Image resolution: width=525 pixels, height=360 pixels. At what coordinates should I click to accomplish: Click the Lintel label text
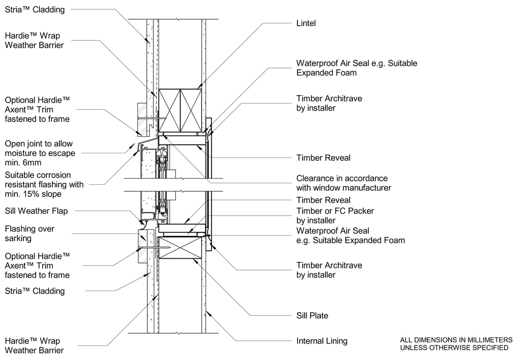tap(306, 23)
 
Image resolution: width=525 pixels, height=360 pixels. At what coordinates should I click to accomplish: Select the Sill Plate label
tap(312, 315)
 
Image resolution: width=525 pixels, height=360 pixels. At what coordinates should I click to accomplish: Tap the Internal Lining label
tap(322, 341)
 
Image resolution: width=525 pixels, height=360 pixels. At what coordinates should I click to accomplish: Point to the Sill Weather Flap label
tap(36, 211)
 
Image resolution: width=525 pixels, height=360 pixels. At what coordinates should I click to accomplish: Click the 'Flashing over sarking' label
tap(30, 233)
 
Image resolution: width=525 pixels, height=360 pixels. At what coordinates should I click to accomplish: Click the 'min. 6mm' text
tap(23, 163)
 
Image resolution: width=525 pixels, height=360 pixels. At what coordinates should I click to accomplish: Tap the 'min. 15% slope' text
tap(37, 194)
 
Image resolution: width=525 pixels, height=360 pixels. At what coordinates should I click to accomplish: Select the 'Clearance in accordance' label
tap(342, 179)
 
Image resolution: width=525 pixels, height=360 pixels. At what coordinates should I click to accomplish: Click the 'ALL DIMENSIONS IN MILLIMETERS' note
tap(456, 340)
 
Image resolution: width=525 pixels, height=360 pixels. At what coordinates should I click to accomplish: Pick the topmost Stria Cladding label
tap(35, 9)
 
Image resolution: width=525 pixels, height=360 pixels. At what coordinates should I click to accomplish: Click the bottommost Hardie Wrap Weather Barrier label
tap(34, 345)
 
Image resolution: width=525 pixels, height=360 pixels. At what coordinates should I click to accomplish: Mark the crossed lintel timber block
tap(180, 110)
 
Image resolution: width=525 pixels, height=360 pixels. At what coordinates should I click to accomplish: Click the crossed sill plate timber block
tap(180, 247)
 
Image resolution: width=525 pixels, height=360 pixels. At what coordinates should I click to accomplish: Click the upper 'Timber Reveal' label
tap(323, 158)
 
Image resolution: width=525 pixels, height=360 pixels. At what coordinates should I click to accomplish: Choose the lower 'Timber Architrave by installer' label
tap(329, 270)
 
